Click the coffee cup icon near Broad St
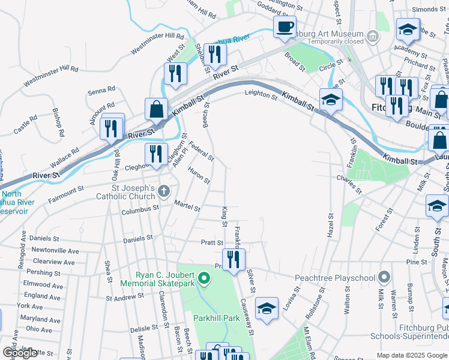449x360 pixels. click(x=285, y=26)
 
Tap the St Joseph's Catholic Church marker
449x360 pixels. click(x=164, y=191)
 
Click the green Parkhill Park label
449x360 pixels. click(x=216, y=317)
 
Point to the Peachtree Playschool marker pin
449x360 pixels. click(x=385, y=278)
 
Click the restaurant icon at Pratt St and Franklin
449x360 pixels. click(x=234, y=259)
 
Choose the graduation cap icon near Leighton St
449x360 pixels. click(x=330, y=100)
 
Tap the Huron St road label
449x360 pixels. click(x=199, y=176)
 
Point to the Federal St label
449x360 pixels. click(x=201, y=150)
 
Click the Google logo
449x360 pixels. click(x=20, y=353)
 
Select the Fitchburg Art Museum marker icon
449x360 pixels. click(x=373, y=38)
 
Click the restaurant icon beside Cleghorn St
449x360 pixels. click(x=155, y=153)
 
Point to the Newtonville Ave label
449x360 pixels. click(x=55, y=251)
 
